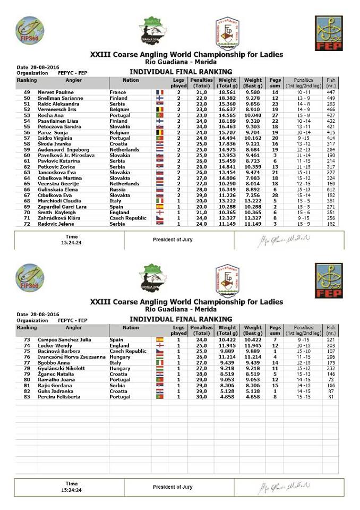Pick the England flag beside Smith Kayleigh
pyautogui.click(x=159, y=212)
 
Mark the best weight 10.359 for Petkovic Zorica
pyautogui.click(x=253, y=167)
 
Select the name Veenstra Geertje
pyautogui.click(x=57, y=184)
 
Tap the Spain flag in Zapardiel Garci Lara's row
pyautogui.click(x=159, y=207)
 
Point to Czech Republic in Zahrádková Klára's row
pyautogui.click(x=127, y=218)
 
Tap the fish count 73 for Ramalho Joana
pyautogui.click(x=331, y=380)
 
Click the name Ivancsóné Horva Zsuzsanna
pyautogui.click(x=72, y=357)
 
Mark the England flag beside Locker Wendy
pyautogui.click(x=159, y=345)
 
